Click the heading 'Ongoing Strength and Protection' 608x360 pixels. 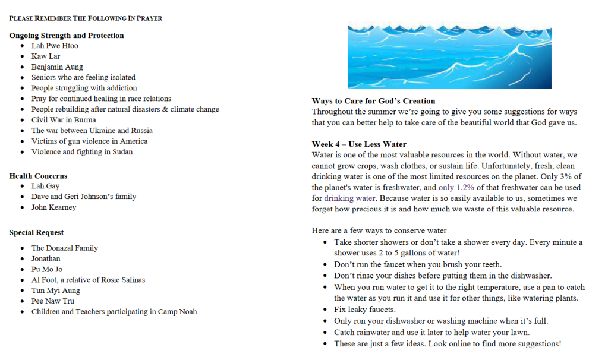[67, 36]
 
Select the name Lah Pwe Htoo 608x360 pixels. [55, 46]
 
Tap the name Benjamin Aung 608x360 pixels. [57, 67]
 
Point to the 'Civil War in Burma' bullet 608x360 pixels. [64, 120]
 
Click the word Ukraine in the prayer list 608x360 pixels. [102, 131]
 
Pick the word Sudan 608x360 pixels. [122, 152]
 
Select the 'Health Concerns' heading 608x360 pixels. [38, 176]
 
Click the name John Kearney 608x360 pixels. [54, 207]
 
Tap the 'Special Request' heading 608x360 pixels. [36, 233]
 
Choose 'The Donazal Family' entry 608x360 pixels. [65, 248]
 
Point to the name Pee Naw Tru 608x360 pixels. [53, 301]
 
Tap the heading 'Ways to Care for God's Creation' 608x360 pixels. [373, 101]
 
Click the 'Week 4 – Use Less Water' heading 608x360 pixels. [359, 144]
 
